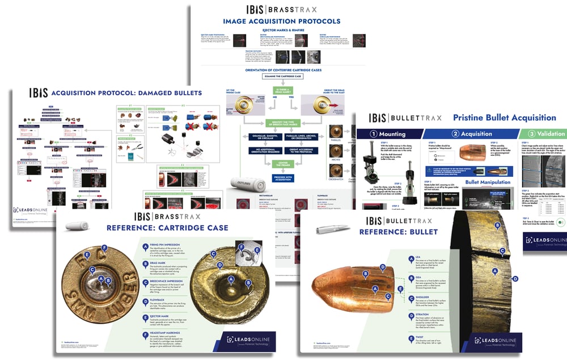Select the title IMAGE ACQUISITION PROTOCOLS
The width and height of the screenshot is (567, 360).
282,22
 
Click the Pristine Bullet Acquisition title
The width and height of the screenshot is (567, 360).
504,118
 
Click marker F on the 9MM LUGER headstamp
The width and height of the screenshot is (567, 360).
105,247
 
